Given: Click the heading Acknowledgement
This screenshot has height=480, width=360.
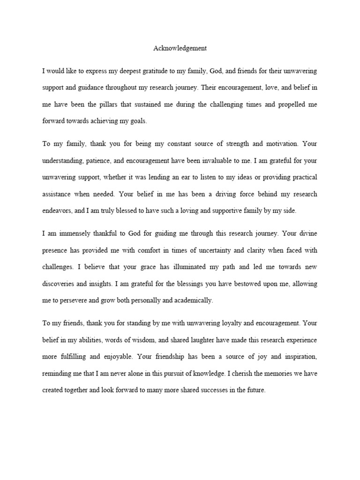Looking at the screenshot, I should point(180,48).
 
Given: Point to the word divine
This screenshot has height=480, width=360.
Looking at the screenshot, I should point(307,233).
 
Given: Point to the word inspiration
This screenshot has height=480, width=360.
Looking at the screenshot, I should point(300,356).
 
